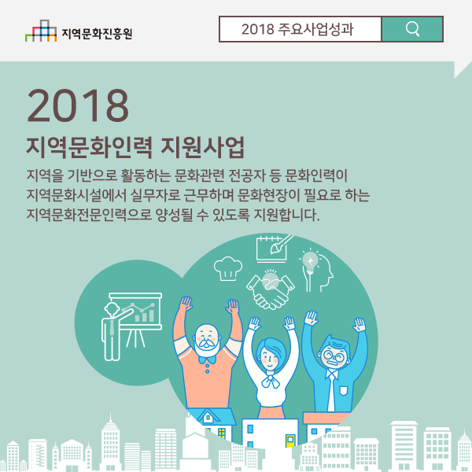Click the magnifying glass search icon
(x=412, y=29)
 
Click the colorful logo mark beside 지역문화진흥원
(x=41, y=31)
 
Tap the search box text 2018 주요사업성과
(x=297, y=29)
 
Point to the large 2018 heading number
(x=78, y=105)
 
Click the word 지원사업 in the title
(x=203, y=147)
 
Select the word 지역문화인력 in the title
(x=90, y=147)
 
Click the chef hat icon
(x=228, y=268)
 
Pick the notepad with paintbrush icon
(x=273, y=249)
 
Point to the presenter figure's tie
(x=112, y=328)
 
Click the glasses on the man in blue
(x=333, y=356)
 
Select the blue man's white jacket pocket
(x=344, y=390)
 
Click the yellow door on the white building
(x=290, y=440)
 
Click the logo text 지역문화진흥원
(x=97, y=33)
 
